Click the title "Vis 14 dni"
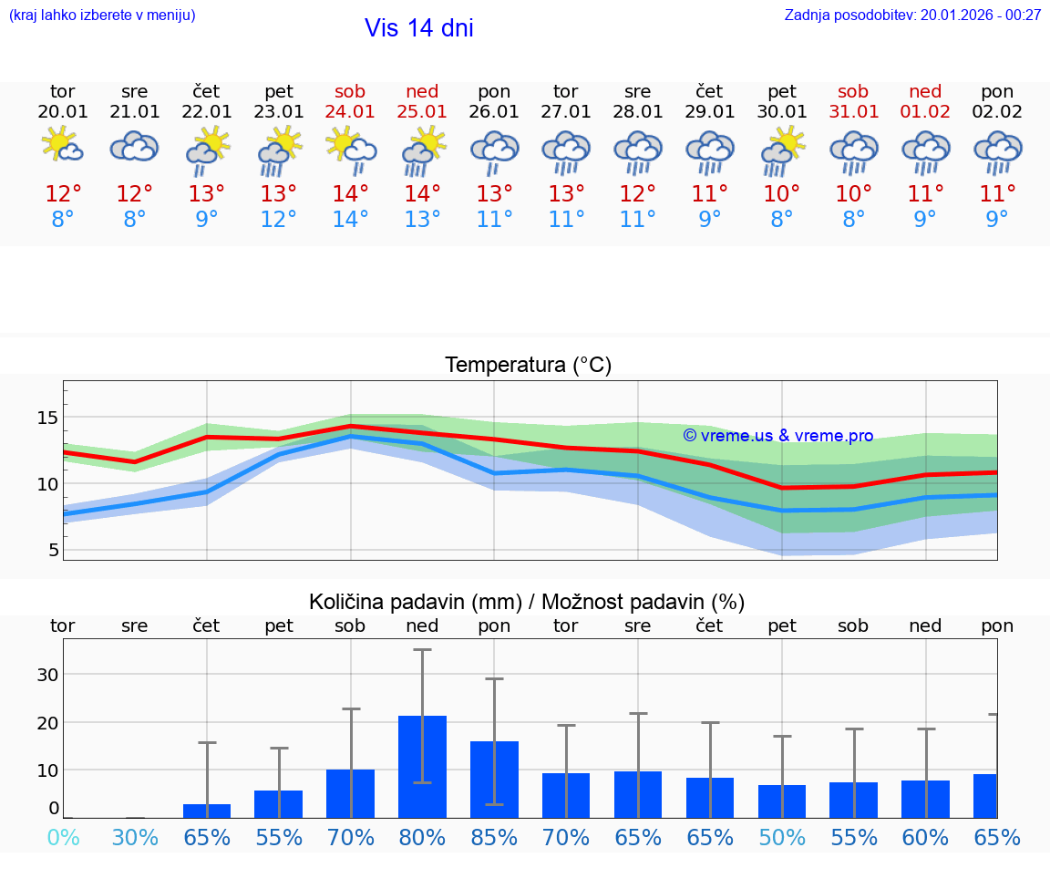tap(418, 28)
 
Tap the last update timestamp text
tap(912, 15)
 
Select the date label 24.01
tap(350, 111)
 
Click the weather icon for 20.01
tap(63, 146)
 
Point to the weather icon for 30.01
tap(782, 150)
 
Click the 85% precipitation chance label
tap(494, 837)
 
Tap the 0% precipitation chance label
tap(63, 837)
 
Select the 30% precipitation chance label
tap(135, 837)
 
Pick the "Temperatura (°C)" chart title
tap(528, 366)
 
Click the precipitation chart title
tap(527, 602)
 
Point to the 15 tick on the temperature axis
tap(47, 418)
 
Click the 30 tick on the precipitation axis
tap(47, 675)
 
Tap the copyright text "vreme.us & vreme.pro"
tap(778, 436)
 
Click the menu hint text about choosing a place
tap(102, 15)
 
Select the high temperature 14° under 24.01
tap(350, 193)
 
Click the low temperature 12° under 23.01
tap(278, 220)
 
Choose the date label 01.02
tap(925, 111)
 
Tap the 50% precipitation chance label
tap(782, 837)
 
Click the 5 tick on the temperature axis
tap(53, 550)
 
